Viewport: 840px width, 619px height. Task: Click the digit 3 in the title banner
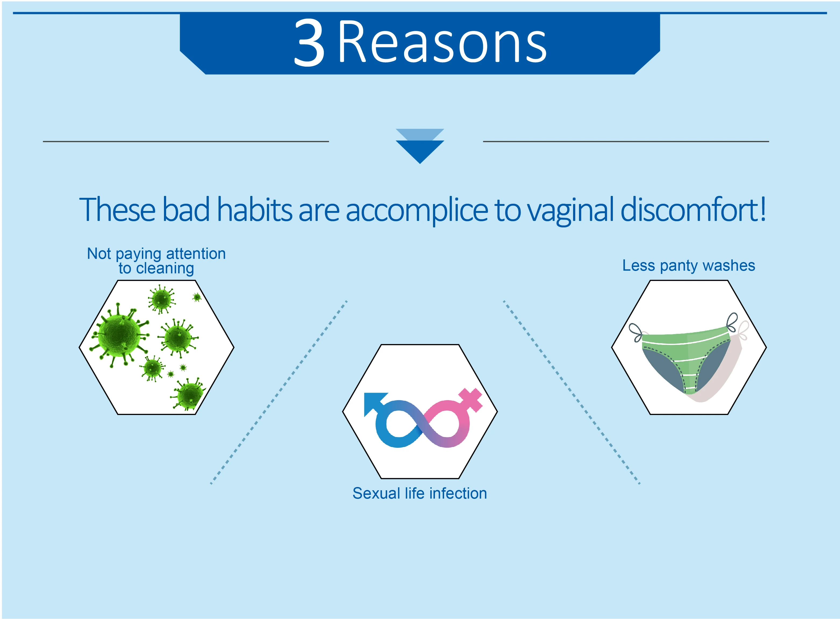tap(309, 42)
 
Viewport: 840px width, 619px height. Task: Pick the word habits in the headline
tap(254, 209)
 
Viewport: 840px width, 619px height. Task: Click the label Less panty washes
tap(689, 266)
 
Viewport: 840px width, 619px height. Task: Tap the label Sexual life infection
tap(420, 493)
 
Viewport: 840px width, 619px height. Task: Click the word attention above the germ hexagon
tap(196, 254)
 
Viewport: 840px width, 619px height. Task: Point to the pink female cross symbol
tap(471, 399)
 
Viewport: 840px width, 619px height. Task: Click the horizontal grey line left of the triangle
tap(186, 141)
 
